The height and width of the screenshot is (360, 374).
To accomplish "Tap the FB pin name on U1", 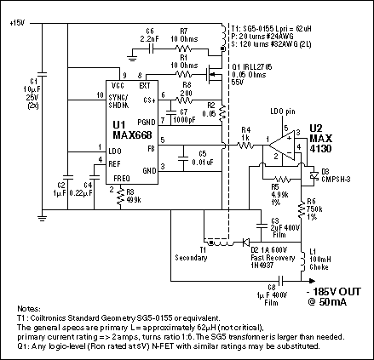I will pos(151,148).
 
